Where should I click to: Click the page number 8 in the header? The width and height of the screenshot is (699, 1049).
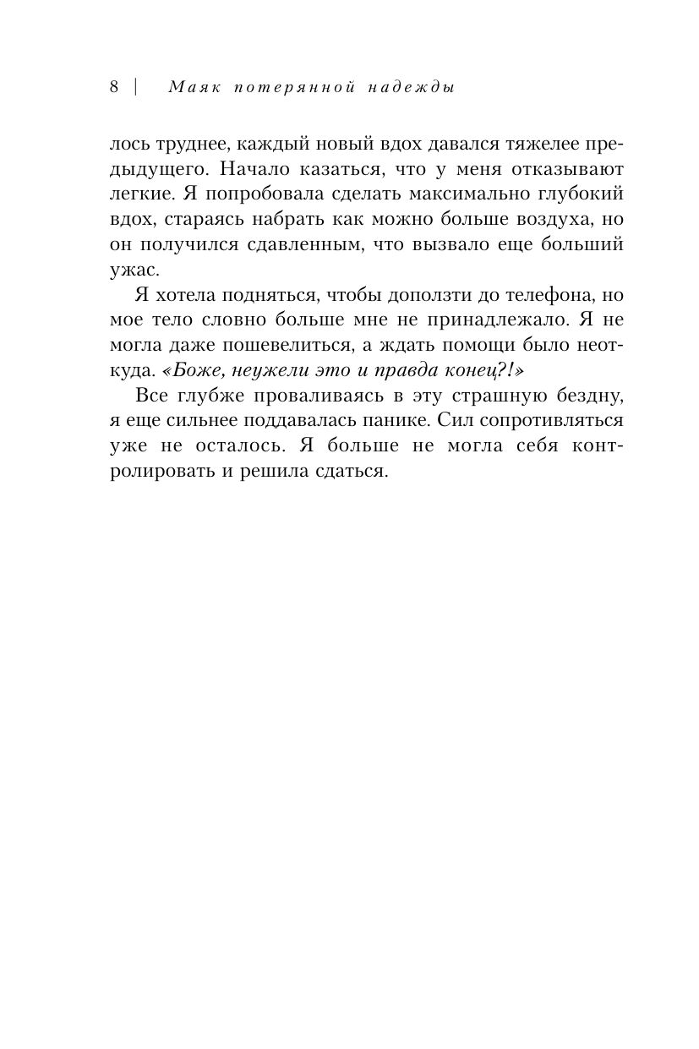pyautogui.click(x=114, y=86)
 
